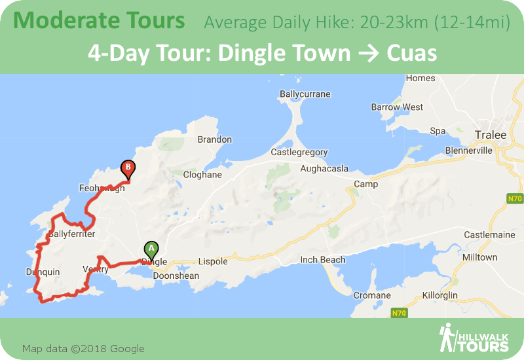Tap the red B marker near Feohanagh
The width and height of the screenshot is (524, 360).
coord(128,168)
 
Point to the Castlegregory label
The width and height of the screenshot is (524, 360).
coord(299,153)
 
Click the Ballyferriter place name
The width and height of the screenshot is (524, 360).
coord(72,234)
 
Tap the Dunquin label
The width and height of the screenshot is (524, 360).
coord(43,272)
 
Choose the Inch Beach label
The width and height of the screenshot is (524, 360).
coord(323,260)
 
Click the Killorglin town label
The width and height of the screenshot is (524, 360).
coord(458,295)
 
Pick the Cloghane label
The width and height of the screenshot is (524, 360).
coord(202,175)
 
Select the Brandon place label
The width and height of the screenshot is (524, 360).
coord(215,139)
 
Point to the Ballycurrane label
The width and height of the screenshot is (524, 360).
coord(305,94)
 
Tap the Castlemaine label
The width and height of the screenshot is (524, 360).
coord(491,234)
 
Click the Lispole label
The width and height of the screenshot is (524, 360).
coord(213,261)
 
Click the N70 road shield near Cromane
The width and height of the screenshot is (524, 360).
coord(400,314)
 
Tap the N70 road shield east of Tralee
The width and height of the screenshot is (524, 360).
coord(514,198)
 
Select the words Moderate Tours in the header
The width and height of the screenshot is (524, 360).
coord(99,20)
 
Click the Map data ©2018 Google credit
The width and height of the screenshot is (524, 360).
coord(83,348)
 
